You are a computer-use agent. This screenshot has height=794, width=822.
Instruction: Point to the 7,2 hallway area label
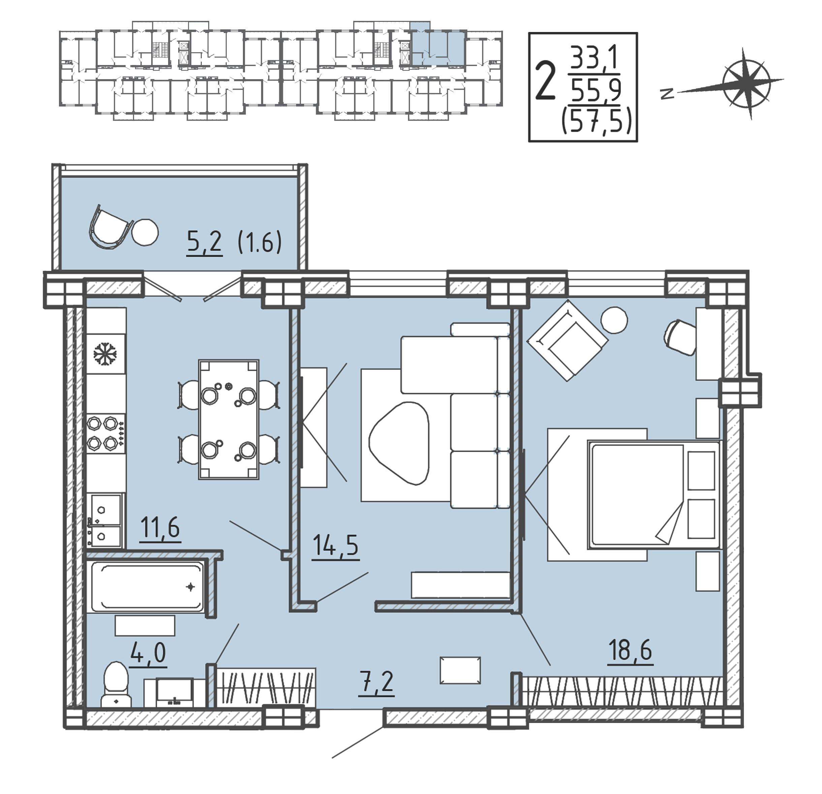coord(377,682)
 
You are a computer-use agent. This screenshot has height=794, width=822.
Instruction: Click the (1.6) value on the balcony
coord(260,243)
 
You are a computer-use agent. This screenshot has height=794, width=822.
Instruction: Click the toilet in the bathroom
coord(116,685)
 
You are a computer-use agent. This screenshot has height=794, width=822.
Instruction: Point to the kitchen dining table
coord(228,419)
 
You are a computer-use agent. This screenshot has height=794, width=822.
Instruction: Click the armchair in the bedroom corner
coord(567,340)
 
